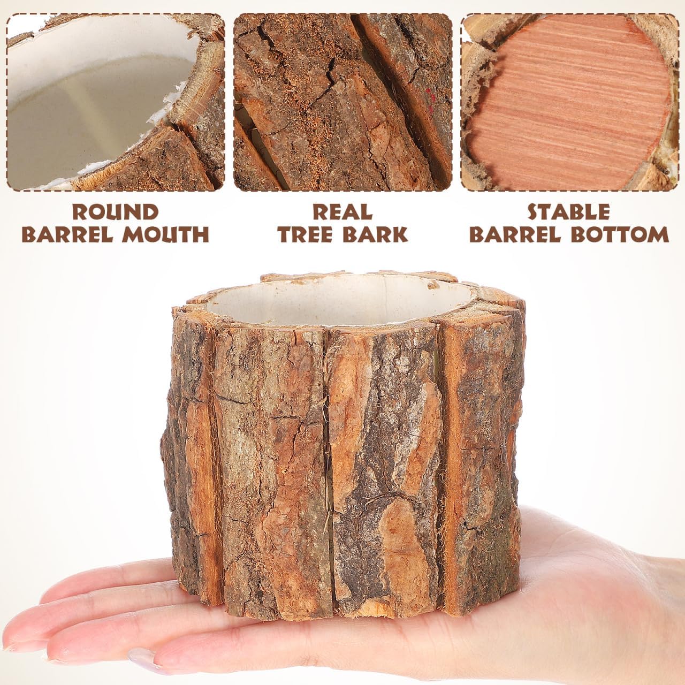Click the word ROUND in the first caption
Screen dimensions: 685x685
click(x=115, y=212)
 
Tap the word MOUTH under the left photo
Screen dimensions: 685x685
click(x=168, y=234)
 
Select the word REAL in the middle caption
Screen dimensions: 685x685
click(x=342, y=212)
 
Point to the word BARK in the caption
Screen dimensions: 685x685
click(x=377, y=234)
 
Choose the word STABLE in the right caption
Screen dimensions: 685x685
click(x=569, y=212)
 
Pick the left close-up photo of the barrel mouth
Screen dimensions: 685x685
click(x=116, y=102)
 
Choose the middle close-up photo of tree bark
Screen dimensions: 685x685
click(x=342, y=102)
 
